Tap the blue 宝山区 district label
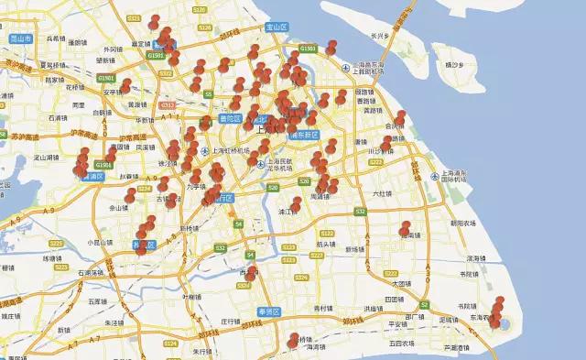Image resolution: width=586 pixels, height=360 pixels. tap(277, 27)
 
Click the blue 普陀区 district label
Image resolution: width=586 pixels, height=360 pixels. tap(230, 120)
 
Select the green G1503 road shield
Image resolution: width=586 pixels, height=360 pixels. tap(309, 48)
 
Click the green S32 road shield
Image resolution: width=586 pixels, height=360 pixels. tap(360, 212)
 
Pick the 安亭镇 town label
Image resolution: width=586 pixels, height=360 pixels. tap(112, 92)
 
